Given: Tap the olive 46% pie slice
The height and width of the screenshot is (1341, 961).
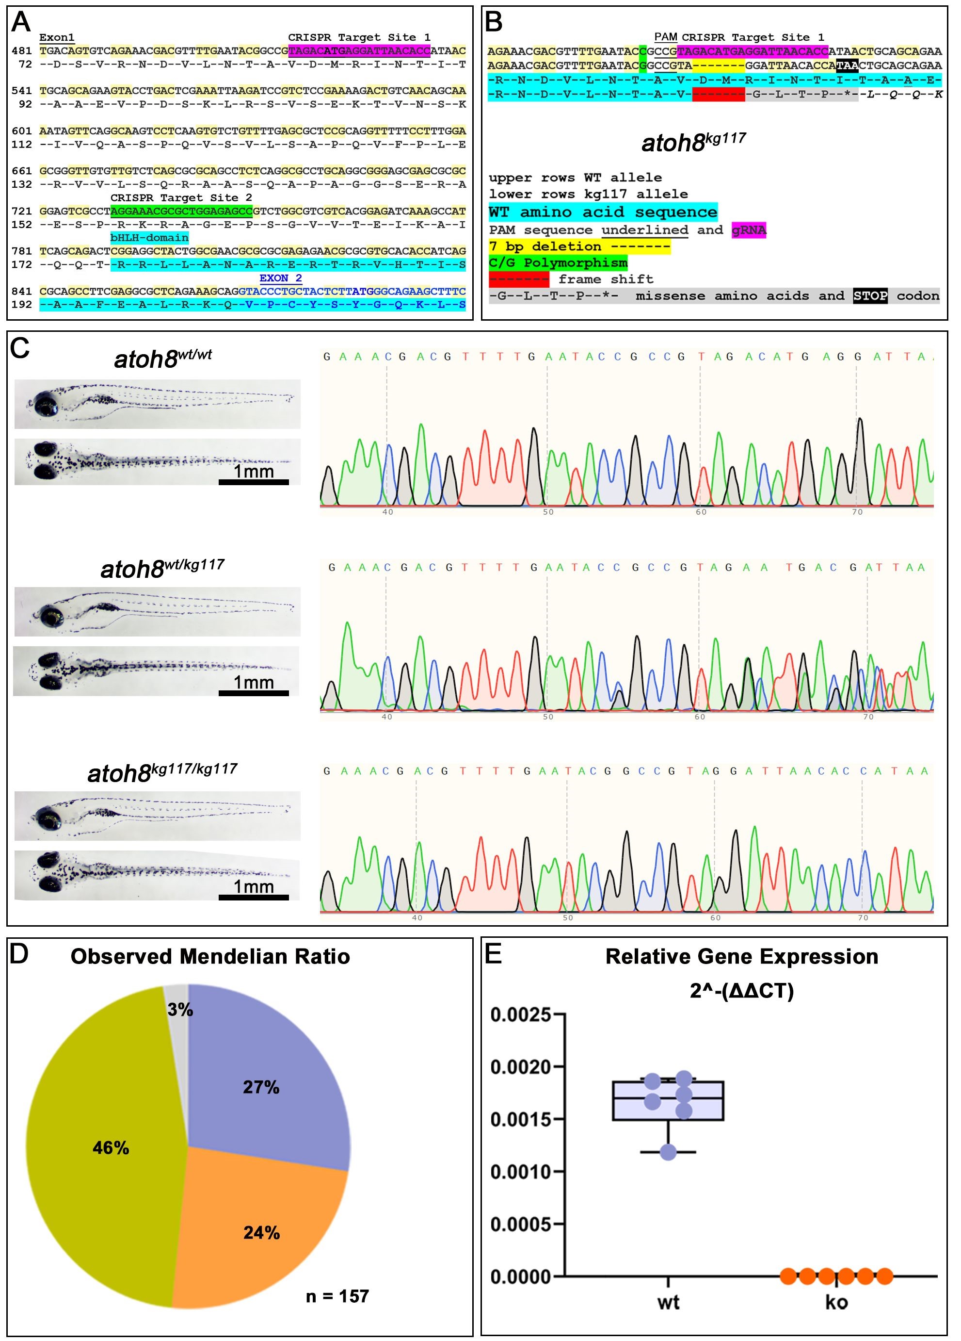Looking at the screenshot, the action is point(106,1147).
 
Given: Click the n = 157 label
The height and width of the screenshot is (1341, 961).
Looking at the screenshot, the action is point(337,1296).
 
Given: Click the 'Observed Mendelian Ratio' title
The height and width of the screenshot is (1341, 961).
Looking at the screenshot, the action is point(210,957).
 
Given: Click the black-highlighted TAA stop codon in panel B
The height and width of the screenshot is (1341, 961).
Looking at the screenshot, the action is point(847,65).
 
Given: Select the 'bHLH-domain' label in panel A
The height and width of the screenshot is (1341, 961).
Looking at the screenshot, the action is point(149,238).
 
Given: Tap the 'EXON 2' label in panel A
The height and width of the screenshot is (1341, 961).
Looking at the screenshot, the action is point(281,278).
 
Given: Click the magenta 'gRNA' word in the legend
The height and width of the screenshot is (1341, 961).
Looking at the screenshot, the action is point(749,230).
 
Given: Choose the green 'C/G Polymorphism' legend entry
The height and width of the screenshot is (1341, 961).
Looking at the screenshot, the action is point(558,262).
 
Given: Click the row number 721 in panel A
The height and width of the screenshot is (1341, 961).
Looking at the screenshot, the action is point(22,211).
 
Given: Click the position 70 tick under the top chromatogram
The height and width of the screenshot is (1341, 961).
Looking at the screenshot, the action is point(857,512).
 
